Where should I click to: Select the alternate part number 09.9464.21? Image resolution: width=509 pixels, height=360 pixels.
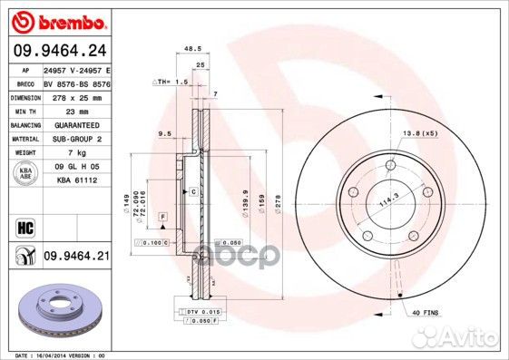(x=76, y=258)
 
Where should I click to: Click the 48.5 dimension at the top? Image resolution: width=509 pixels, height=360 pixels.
(x=191, y=49)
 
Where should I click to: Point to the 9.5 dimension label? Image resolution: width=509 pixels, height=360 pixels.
(x=164, y=133)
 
